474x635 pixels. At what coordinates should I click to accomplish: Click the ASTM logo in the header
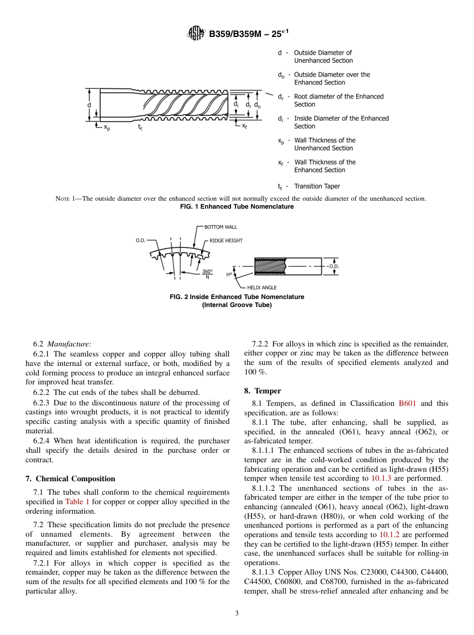point(196,33)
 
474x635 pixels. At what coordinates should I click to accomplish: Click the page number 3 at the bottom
point(237,614)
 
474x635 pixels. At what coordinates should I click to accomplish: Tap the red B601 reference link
point(407,403)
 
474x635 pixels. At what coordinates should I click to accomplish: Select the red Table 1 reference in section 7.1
point(76,502)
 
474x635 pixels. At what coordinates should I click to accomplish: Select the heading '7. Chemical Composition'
point(70,479)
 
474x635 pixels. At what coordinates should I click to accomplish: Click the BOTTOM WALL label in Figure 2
point(221,227)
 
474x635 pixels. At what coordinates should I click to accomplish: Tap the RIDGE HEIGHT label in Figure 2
point(226,241)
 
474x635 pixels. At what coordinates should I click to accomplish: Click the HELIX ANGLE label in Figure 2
point(261,288)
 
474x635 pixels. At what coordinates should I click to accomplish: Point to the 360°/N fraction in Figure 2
point(207,274)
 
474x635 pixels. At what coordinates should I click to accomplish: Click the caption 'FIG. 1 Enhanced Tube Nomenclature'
point(237,207)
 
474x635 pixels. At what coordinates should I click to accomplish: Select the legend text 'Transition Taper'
point(317,186)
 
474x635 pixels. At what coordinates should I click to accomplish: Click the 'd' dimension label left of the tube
point(89,105)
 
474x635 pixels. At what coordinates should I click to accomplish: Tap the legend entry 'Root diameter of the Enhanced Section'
point(338,100)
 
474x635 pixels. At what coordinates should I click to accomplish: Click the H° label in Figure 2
point(229,274)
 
